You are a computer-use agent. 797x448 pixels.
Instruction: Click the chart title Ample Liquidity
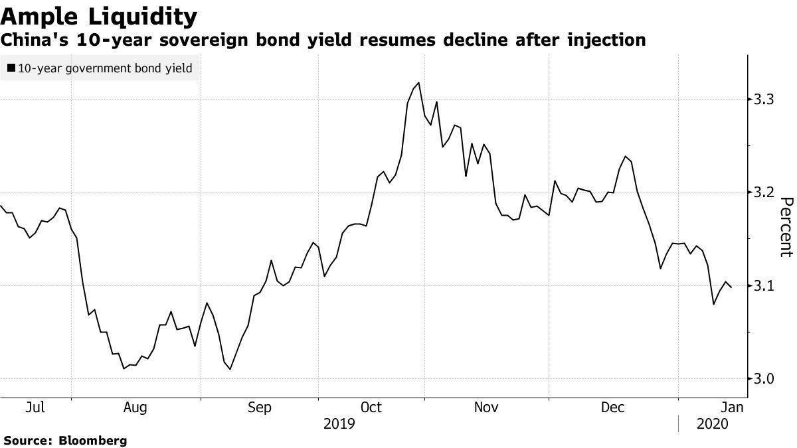coord(99,15)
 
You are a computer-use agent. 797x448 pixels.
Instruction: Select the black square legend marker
coord(11,68)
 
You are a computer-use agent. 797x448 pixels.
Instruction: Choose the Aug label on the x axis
coord(135,408)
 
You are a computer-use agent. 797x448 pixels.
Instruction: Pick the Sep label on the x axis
coord(259,408)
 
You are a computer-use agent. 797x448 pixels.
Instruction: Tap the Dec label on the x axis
coord(611,408)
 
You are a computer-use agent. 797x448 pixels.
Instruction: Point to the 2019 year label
coord(339,424)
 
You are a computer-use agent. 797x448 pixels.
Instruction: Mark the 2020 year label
coord(713,424)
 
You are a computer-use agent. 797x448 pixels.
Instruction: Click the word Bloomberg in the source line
coord(94,440)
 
